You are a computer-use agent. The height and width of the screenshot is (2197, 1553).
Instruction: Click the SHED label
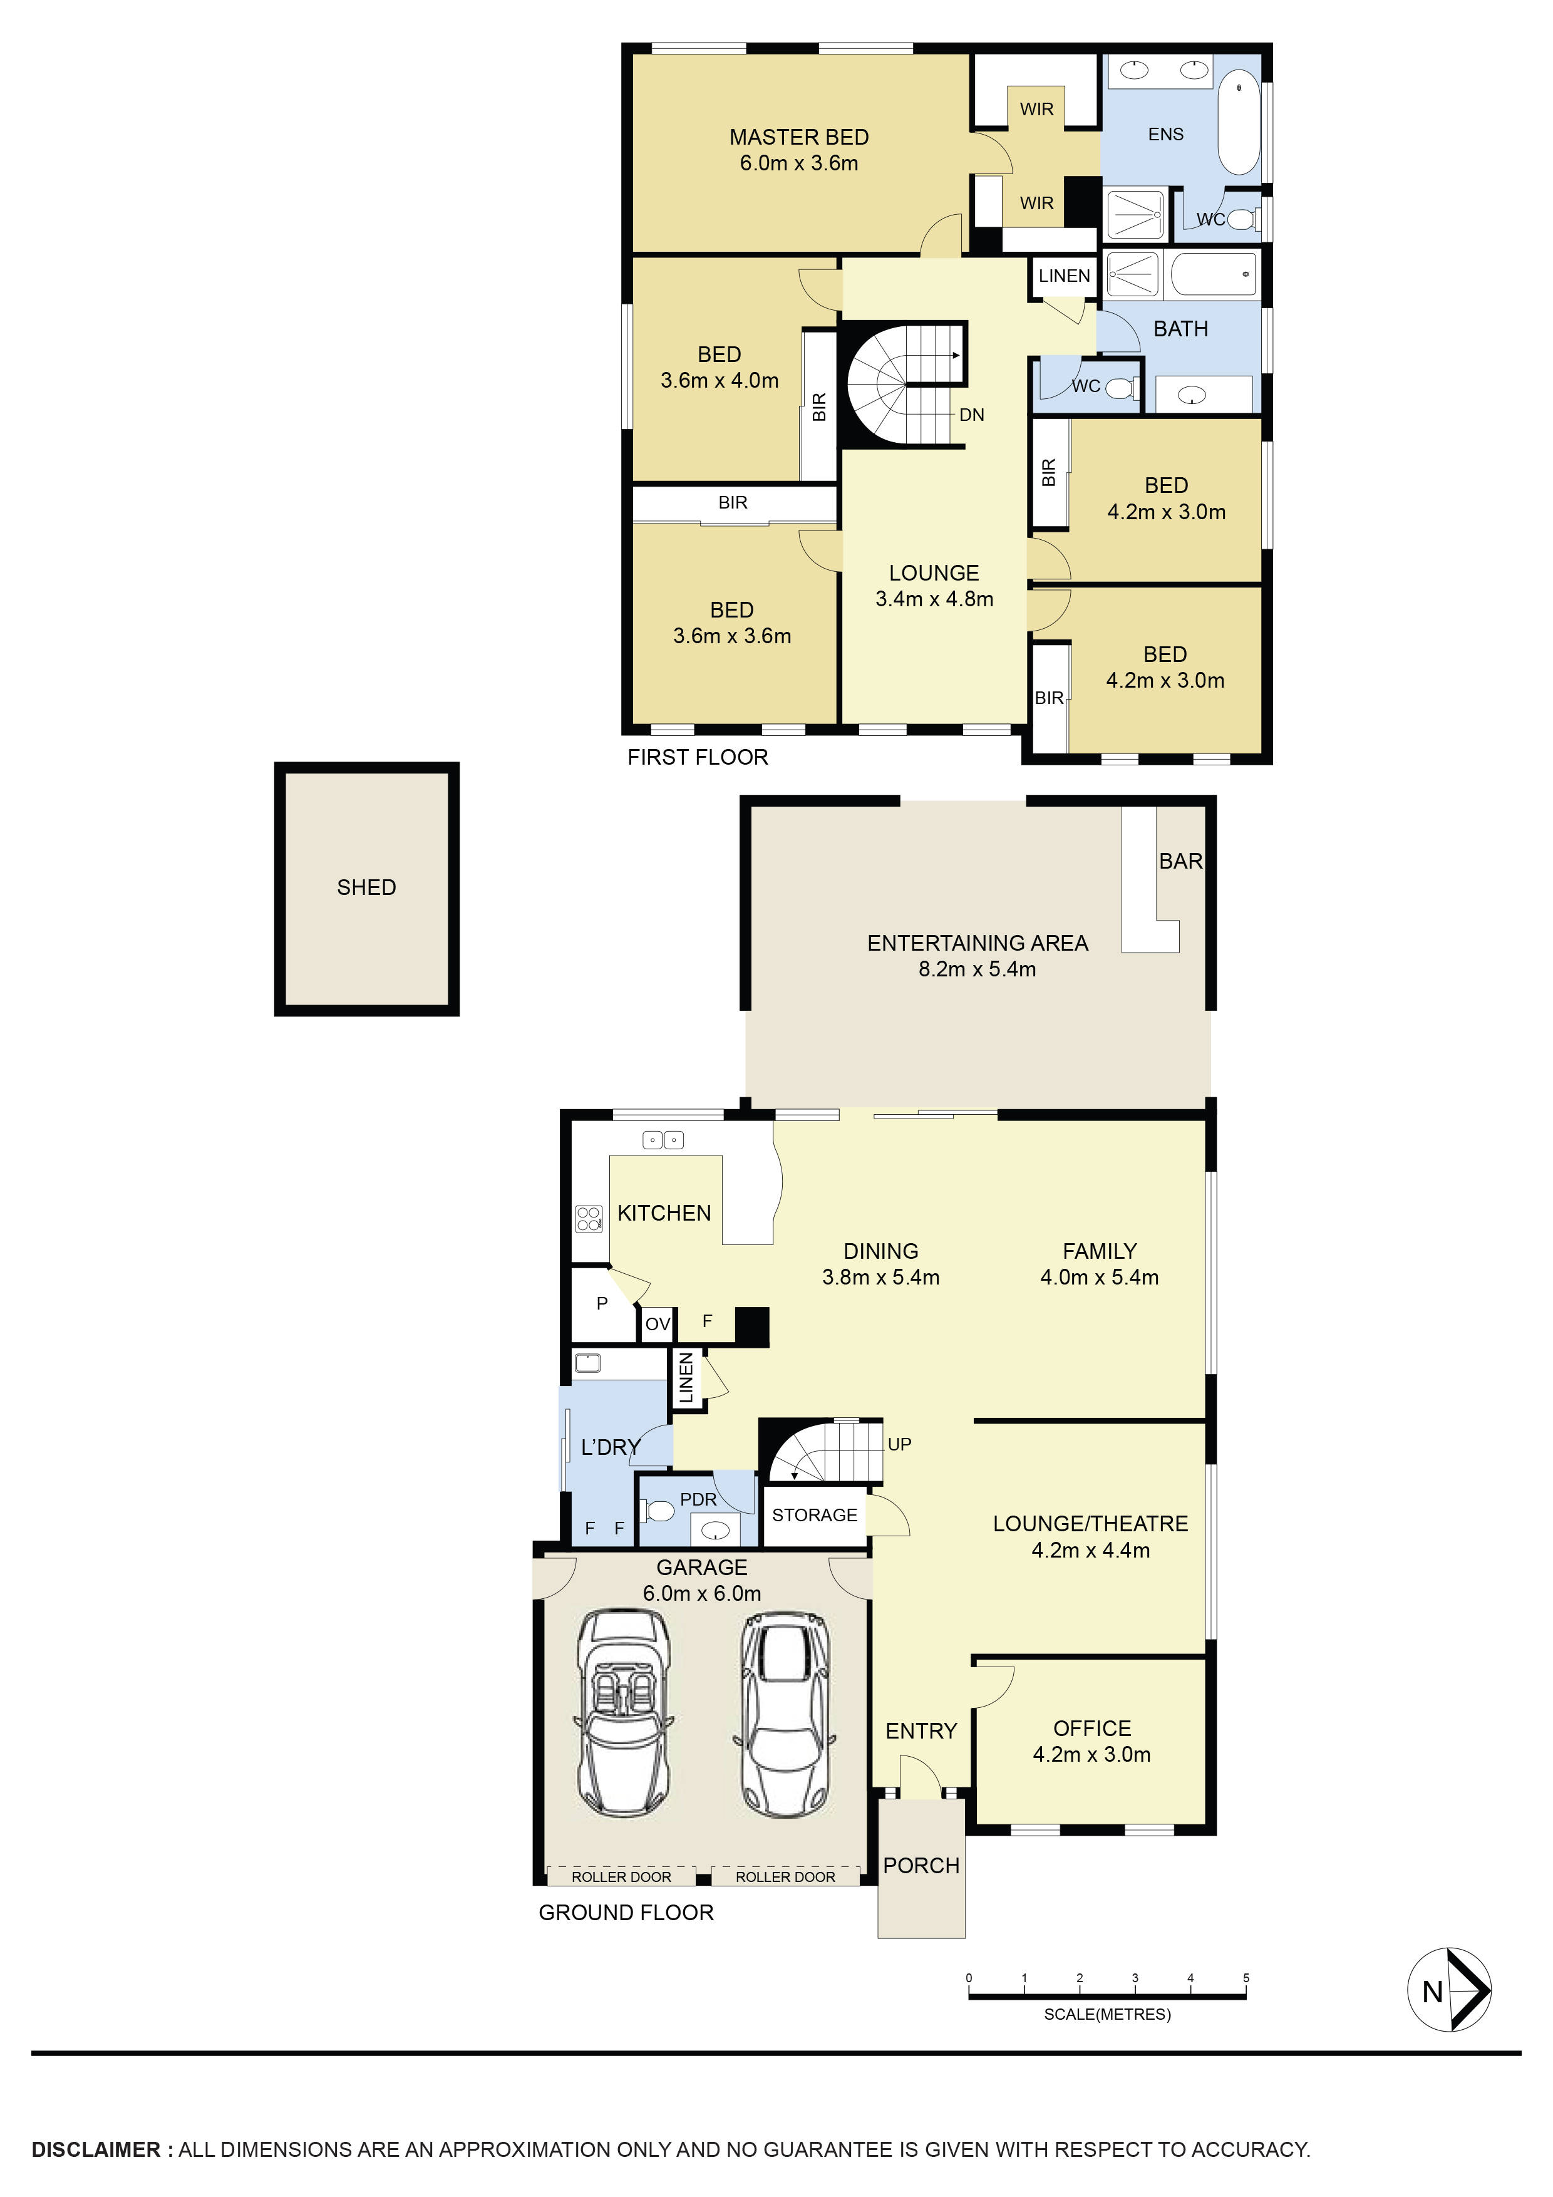(366, 887)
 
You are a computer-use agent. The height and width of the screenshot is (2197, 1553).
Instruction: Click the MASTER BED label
(799, 137)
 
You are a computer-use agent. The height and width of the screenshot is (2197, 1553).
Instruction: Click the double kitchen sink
(663, 1140)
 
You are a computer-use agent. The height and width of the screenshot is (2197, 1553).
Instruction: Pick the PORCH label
(921, 1865)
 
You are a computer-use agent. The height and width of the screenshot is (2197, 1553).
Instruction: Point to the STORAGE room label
(814, 1515)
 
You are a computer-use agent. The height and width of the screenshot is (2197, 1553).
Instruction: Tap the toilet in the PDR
(659, 1512)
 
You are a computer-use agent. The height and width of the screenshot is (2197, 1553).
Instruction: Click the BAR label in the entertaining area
(1181, 861)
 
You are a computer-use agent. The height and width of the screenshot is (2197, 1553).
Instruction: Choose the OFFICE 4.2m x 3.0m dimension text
(1091, 1754)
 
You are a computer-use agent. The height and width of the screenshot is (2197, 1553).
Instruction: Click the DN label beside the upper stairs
(971, 415)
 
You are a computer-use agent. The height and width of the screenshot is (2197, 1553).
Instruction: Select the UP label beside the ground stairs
(899, 1444)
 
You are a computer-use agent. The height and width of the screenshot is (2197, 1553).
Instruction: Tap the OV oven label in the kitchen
(658, 1325)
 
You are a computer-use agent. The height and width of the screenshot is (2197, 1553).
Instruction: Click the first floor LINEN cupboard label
(1064, 276)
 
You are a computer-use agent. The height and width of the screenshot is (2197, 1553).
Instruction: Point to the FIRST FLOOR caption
(698, 757)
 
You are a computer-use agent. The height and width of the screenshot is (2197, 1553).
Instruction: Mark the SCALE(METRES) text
(1107, 2014)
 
